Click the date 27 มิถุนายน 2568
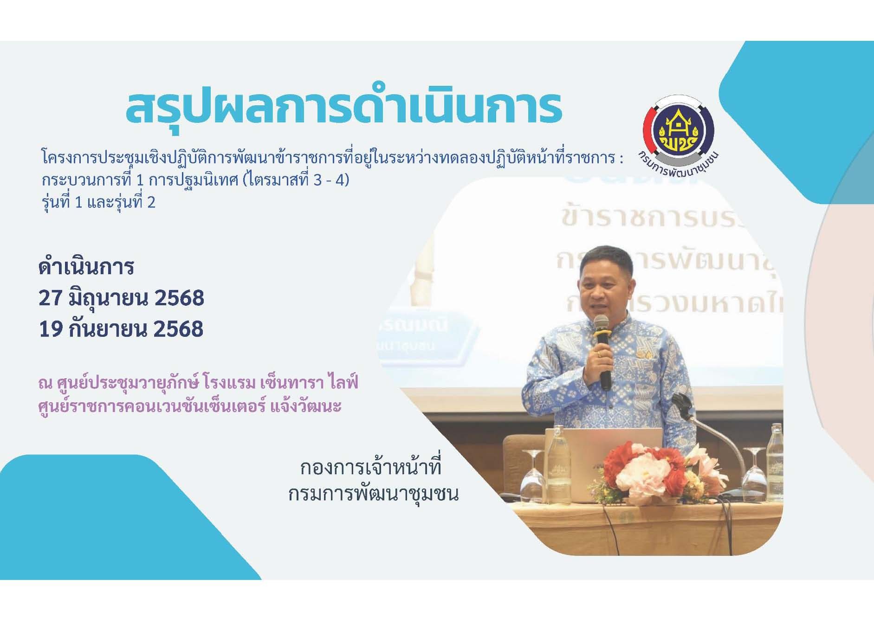121,298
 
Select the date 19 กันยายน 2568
121,329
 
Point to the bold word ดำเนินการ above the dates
86,267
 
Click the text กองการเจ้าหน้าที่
370,468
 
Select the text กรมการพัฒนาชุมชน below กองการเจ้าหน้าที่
373,494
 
